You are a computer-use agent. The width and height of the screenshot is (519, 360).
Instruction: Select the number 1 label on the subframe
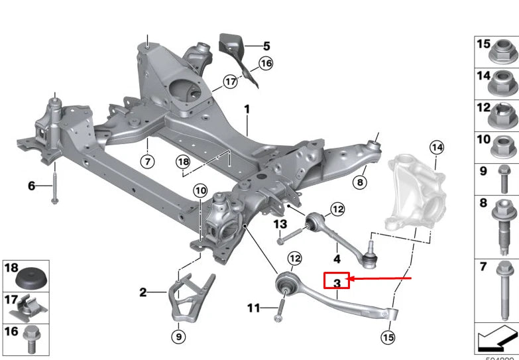coord(247,108)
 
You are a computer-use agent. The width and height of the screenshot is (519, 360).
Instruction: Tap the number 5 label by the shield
coord(266,46)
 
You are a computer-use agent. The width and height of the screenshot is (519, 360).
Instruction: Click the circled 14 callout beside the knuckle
coord(436,147)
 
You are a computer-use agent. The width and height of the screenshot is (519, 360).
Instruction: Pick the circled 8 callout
coord(360,181)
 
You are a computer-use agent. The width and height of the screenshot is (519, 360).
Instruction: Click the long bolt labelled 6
coord(54,186)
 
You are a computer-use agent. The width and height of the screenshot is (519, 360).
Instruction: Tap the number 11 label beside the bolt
coord(255,308)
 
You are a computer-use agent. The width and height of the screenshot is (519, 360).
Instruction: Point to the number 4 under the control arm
coord(337,259)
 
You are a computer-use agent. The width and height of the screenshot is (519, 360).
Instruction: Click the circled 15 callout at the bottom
coord(388,337)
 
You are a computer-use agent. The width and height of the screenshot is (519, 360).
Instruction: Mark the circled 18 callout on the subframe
coord(183,161)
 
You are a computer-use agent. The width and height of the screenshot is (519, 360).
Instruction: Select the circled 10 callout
coord(200,191)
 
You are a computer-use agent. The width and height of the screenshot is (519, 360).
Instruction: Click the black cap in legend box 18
coord(30,278)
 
